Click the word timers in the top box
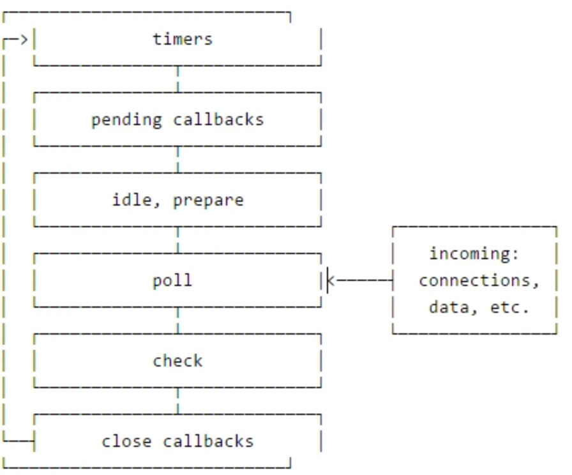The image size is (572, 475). click(182, 39)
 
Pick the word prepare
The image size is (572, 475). click(208, 200)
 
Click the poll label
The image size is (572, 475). click(172, 280)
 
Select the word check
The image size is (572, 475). click(177, 361)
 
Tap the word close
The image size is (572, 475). click(126, 441)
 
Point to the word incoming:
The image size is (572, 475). click(474, 253)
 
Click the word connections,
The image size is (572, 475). click(479, 280)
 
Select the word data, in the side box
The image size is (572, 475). click(449, 307)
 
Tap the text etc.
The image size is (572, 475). click(510, 307)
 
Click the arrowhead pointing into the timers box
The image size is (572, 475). click(23, 40)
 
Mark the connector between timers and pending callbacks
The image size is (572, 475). click(177, 79)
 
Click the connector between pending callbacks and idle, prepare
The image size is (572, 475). click(177, 159)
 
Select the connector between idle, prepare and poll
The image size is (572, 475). click(177, 239)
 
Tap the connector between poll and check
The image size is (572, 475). click(177, 320)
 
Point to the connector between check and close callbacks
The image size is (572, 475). click(177, 400)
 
